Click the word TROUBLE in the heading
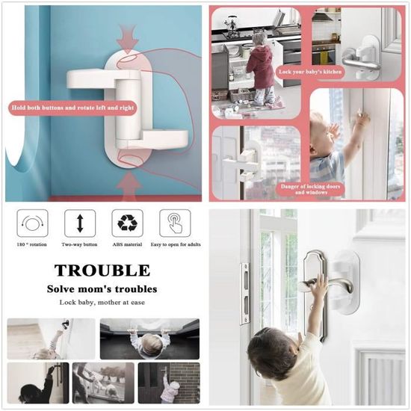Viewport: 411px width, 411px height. tap(102, 271)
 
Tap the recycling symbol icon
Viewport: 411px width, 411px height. tap(127, 223)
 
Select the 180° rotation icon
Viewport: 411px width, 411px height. tap(32, 223)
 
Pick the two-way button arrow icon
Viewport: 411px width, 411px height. tap(80, 223)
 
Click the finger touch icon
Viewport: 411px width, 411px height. tap(175, 223)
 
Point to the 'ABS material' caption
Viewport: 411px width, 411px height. tap(127, 244)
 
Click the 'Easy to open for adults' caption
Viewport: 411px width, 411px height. tap(176, 244)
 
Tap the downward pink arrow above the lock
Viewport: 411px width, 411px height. tap(127, 39)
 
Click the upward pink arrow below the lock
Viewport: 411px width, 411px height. tap(129, 184)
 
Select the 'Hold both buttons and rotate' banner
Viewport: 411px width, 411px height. tap(72, 108)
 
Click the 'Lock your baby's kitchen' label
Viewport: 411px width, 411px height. tap(310, 72)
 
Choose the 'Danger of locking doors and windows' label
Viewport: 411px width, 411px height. tap(310, 189)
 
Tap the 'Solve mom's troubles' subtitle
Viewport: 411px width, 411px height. tap(102, 289)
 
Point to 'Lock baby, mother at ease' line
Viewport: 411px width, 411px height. tap(102, 302)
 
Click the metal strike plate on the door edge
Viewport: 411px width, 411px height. tap(245, 294)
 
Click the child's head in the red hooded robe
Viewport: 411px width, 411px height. tap(259, 40)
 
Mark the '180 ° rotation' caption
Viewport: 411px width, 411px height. tap(31, 244)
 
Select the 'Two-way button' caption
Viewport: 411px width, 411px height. tap(79, 244)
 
